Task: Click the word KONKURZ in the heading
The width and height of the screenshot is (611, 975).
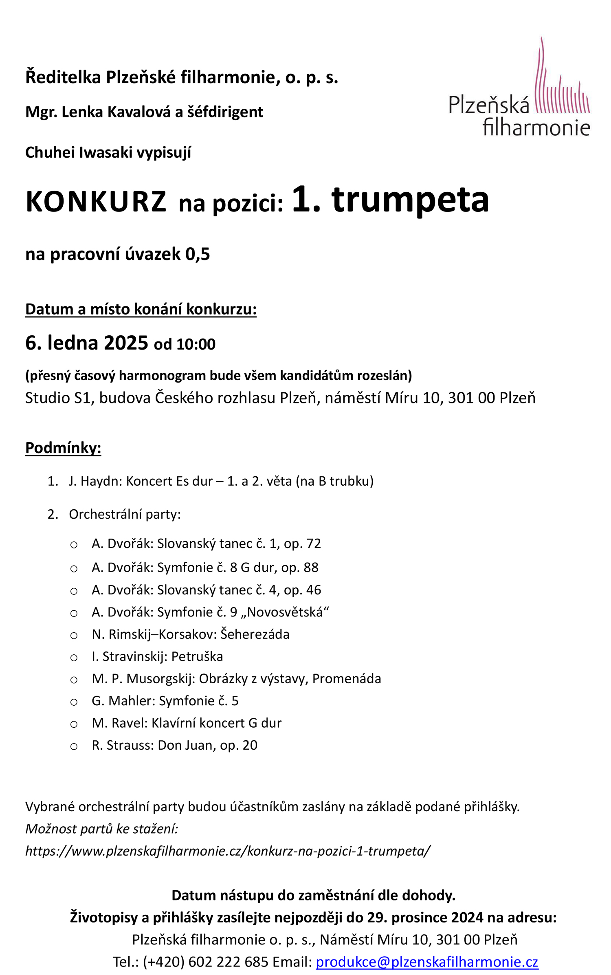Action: [96, 202]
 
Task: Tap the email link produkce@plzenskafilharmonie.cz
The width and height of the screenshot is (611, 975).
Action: [427, 962]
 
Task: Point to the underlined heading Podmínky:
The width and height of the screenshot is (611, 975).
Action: [63, 448]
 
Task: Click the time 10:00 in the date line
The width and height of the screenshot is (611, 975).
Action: [196, 344]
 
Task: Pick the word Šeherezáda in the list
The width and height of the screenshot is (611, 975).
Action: [255, 634]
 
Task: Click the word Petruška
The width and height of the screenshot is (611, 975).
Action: [197, 656]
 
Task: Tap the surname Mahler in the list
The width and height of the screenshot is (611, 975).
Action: [132, 701]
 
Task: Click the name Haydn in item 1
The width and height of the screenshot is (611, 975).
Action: [101, 481]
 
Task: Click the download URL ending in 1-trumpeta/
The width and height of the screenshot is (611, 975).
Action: [228, 851]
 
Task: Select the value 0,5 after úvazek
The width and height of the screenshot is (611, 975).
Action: [198, 254]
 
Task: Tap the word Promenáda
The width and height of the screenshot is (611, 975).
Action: [347, 679]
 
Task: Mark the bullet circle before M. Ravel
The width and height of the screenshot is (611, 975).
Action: [74, 724]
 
